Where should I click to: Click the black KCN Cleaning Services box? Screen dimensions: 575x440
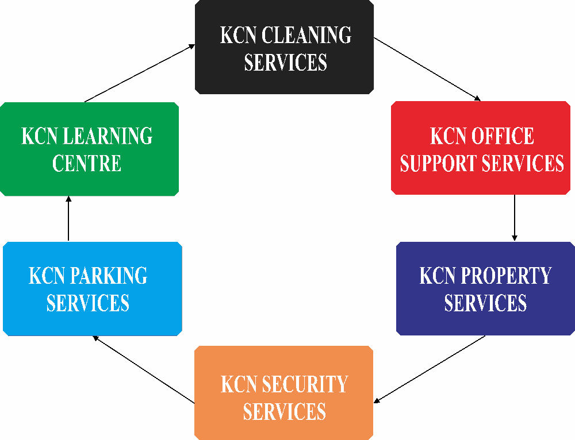284,47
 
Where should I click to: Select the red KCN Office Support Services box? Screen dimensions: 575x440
480,148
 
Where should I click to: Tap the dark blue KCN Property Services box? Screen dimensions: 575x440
485,288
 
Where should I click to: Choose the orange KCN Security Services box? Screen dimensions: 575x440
284,393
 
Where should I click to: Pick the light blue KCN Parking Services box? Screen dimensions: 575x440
93,289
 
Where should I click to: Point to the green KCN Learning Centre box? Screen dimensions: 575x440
90,149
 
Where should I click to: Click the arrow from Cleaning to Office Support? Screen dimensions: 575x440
427,69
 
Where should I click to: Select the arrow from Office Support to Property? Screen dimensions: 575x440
515,218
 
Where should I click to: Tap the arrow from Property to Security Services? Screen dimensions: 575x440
430,369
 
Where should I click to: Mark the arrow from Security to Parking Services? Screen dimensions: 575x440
143,369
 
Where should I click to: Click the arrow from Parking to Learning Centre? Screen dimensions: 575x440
68,218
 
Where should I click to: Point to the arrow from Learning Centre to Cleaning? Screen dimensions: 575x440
140,74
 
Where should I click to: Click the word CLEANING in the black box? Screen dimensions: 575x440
306,35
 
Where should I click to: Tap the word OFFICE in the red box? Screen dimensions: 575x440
503,136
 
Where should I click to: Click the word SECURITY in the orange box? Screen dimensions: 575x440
305,384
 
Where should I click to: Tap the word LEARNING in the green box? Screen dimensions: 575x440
108,136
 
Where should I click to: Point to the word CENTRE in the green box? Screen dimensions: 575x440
87,163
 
